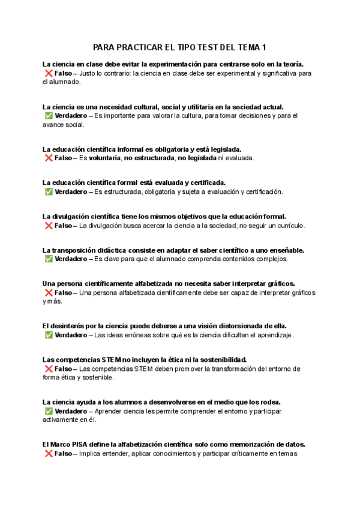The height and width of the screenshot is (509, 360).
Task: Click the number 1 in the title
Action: (x=265, y=47)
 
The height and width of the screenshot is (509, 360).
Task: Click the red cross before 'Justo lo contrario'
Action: (x=48, y=73)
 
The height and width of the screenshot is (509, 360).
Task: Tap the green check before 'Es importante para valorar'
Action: (x=48, y=116)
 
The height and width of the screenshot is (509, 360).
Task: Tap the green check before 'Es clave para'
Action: (x=48, y=259)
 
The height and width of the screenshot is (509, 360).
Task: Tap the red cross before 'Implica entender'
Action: (x=48, y=454)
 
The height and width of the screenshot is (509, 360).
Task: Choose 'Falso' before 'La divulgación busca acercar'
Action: (x=63, y=226)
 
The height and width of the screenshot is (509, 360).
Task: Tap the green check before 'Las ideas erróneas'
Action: (x=48, y=335)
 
